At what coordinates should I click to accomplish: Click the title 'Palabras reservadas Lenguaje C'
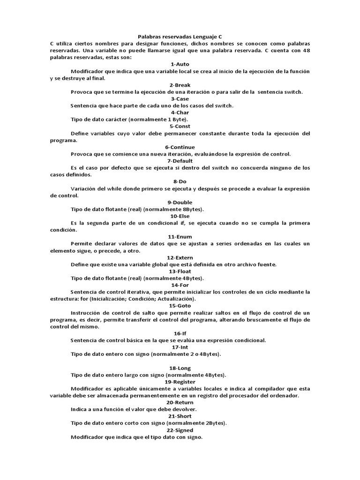coord(180,36)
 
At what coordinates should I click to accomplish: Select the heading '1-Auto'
coord(180,64)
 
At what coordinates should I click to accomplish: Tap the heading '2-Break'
coord(180,85)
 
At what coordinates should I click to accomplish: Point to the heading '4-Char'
coord(180,112)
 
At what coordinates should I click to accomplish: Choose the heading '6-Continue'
coord(180,147)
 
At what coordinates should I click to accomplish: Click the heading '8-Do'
coord(180,181)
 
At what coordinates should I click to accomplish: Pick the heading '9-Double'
coord(180,202)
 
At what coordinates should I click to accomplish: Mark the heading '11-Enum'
coord(180,237)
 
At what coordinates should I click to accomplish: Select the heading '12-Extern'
coord(180,257)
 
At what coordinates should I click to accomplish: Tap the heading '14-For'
coord(180,285)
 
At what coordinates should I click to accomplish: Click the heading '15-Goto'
coord(180,306)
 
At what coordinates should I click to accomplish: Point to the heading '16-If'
coord(180,333)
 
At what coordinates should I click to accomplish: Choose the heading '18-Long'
coord(180,368)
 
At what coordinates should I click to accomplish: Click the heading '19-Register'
coord(180,382)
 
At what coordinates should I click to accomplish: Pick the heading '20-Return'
coord(180,402)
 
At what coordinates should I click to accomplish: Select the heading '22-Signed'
coord(180,430)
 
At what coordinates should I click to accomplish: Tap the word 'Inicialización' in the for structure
coord(116,299)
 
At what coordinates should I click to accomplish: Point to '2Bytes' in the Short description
coord(214,423)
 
